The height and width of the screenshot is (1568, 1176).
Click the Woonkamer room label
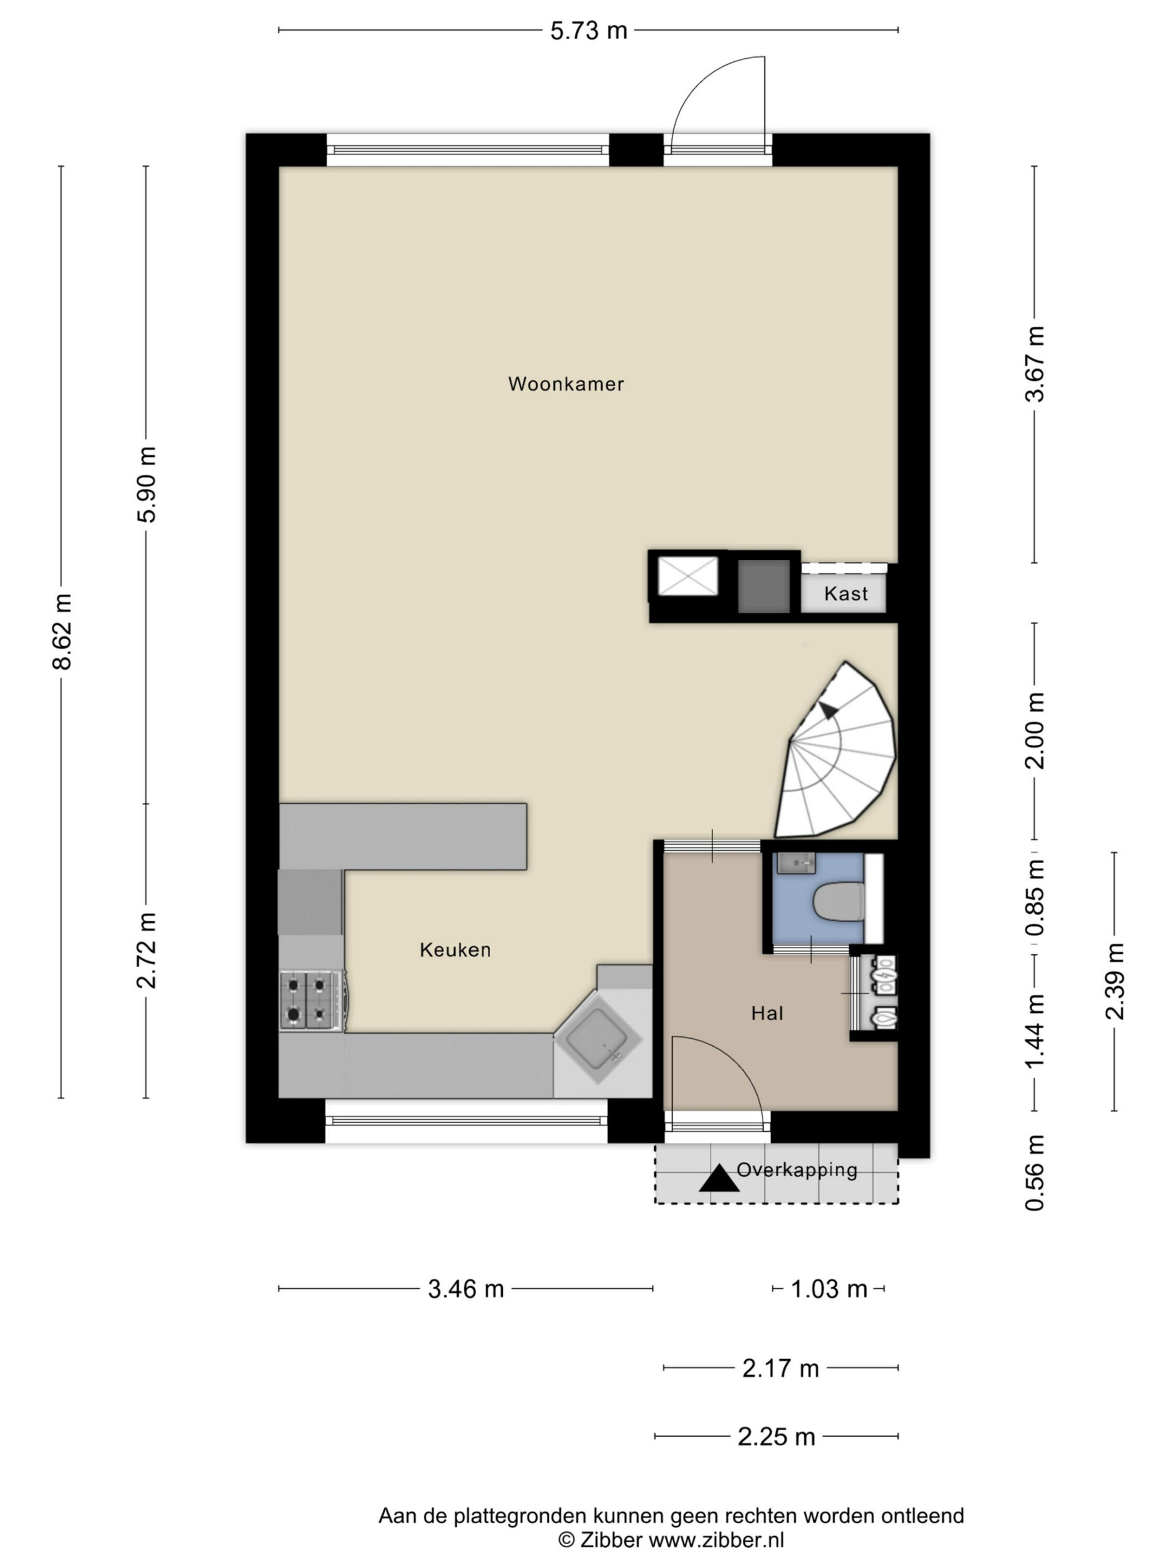click(x=566, y=383)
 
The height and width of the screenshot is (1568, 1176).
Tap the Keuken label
click(x=455, y=949)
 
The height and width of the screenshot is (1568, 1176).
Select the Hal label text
click(x=767, y=1013)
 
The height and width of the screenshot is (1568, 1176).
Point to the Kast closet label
click(x=846, y=594)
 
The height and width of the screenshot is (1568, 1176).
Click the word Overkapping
click(x=797, y=1170)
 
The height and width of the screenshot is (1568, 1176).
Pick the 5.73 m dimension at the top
click(x=589, y=31)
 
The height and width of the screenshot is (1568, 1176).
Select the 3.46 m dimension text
click(x=466, y=1289)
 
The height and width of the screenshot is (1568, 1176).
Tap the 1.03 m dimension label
click(x=829, y=1289)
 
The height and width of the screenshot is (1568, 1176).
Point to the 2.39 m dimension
click(x=1114, y=981)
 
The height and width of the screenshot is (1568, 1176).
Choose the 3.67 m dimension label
click(x=1035, y=364)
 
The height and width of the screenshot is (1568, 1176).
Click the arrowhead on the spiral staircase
click(x=827, y=710)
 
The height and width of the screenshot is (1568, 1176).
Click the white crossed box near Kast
click(x=688, y=576)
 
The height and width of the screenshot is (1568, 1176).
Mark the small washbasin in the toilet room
click(x=796, y=862)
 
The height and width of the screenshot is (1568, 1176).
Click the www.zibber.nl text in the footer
click(x=717, y=1540)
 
